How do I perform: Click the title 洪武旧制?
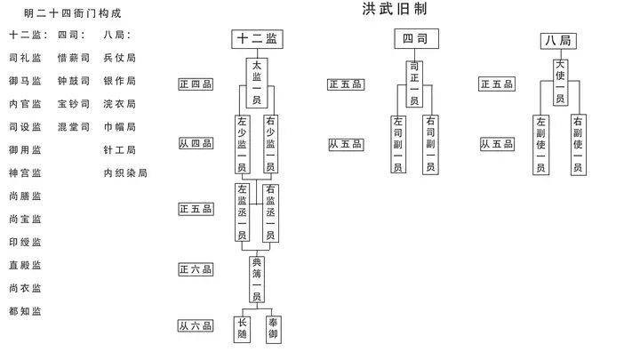click(x=394, y=9)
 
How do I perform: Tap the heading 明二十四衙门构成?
click(x=72, y=14)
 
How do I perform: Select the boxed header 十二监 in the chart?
click(x=256, y=39)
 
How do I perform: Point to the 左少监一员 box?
click(x=243, y=144)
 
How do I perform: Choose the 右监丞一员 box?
click(x=270, y=212)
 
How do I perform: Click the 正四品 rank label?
click(x=196, y=85)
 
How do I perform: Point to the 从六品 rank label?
click(x=196, y=326)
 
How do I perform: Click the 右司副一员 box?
click(x=430, y=144)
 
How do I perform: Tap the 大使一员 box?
click(x=560, y=82)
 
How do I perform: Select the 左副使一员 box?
click(x=542, y=144)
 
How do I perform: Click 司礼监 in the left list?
click(x=25, y=57)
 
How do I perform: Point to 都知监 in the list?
click(x=25, y=311)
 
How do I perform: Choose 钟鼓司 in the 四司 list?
click(x=73, y=80)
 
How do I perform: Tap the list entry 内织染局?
click(x=124, y=172)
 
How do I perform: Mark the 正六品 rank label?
click(x=196, y=269)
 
